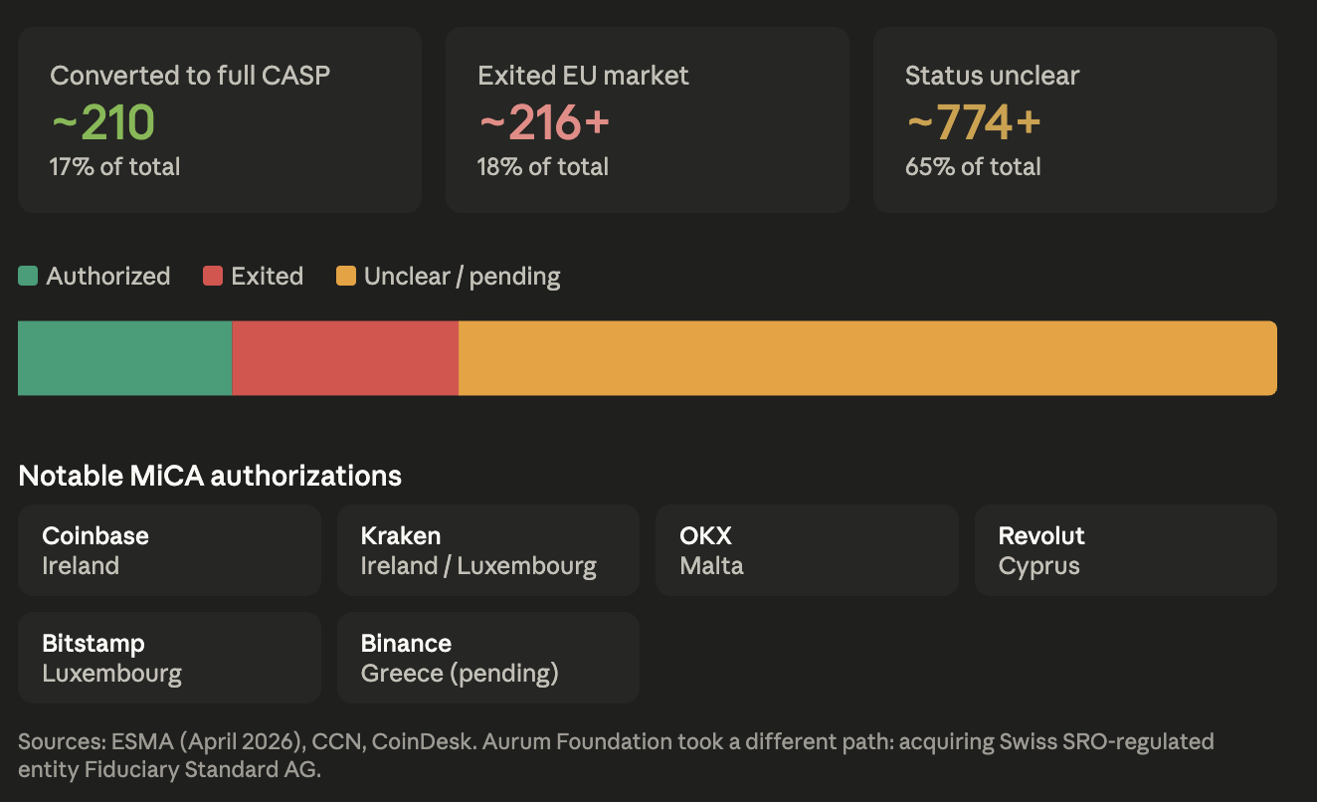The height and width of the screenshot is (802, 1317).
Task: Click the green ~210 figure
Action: [103, 122]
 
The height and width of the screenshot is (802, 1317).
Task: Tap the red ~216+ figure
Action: [544, 122]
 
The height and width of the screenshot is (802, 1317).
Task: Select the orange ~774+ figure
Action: [974, 122]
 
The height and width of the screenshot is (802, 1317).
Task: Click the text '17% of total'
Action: [114, 167]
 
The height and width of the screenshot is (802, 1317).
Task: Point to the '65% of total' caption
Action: [973, 167]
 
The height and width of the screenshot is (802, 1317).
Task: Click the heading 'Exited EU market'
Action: [583, 76]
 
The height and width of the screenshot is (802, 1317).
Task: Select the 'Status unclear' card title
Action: [992, 76]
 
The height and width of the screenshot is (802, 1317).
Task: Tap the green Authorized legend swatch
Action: [28, 276]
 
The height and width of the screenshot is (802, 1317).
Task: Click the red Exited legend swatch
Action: [213, 276]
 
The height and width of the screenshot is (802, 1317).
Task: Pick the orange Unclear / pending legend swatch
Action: [346, 276]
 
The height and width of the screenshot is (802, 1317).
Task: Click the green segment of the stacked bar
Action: [124, 358]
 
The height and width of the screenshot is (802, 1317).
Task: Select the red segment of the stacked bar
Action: [345, 358]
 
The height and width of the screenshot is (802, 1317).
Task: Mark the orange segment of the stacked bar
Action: [867, 358]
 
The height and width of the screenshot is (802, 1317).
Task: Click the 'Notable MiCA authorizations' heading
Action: [210, 476]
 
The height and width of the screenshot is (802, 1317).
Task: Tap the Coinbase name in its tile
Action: [95, 535]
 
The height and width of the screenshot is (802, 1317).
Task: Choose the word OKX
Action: [705, 535]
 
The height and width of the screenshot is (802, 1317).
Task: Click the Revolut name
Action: [1041, 535]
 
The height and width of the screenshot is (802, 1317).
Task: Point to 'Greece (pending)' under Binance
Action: [460, 674]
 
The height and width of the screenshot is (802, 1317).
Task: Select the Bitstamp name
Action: [93, 644]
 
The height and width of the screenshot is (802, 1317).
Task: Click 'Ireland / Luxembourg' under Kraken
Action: [478, 566]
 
